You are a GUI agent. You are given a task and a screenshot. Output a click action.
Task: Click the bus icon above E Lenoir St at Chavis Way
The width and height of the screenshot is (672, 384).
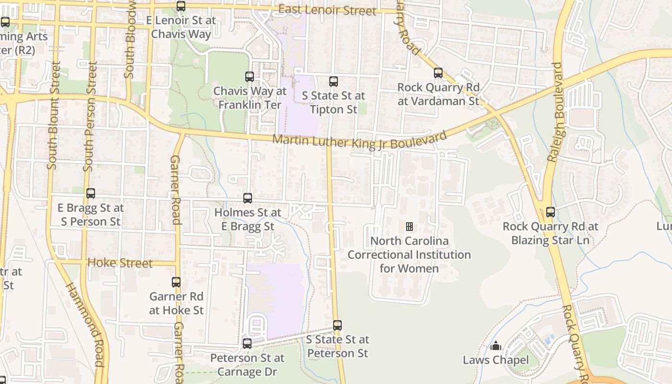pyautogui.click(x=181, y=6)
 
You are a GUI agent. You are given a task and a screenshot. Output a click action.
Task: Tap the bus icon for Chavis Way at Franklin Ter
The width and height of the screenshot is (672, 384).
pyautogui.click(x=250, y=76)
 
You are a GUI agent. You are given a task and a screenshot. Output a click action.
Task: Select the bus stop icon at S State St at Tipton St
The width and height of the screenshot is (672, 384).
pyautogui.click(x=334, y=81)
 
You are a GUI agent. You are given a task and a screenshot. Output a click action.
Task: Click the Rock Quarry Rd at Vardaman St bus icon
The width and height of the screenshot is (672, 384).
pyautogui.click(x=438, y=73)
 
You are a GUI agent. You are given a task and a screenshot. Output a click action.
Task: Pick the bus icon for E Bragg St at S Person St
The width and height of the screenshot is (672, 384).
pyautogui.click(x=91, y=193)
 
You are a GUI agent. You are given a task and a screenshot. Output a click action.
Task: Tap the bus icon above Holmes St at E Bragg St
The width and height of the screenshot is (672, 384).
pyautogui.click(x=248, y=198)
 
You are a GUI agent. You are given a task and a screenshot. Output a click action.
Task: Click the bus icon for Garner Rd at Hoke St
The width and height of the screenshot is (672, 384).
pyautogui.click(x=176, y=282)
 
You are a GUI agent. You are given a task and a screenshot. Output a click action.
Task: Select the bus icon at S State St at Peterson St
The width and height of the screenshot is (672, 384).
pyautogui.click(x=337, y=325)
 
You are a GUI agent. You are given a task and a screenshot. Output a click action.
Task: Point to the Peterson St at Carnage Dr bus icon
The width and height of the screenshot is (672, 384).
pyautogui.click(x=247, y=344)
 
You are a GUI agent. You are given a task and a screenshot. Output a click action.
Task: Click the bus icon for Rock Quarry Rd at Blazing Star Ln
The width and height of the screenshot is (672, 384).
pyautogui.click(x=551, y=212)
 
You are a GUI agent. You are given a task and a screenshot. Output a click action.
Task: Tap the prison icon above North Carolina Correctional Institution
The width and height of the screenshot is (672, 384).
pyautogui.click(x=409, y=227)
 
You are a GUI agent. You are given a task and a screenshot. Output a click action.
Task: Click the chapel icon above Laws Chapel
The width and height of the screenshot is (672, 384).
pyautogui.click(x=496, y=346)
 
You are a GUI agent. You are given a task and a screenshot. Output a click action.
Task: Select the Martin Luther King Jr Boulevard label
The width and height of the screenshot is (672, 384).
pyautogui.click(x=360, y=141)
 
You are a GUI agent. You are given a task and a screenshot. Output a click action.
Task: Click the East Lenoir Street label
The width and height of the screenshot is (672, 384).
pyautogui.click(x=327, y=10)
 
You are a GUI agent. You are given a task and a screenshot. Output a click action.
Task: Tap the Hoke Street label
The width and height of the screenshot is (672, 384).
pyautogui.click(x=120, y=263)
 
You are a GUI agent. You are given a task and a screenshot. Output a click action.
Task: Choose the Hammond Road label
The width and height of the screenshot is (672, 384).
pyautogui.click(x=85, y=324)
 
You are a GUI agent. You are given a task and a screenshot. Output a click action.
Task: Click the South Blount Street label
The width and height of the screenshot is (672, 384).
pyautogui.click(x=53, y=115)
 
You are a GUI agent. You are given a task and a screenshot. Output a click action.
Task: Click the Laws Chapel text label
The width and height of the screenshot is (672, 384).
pyautogui.click(x=496, y=360)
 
